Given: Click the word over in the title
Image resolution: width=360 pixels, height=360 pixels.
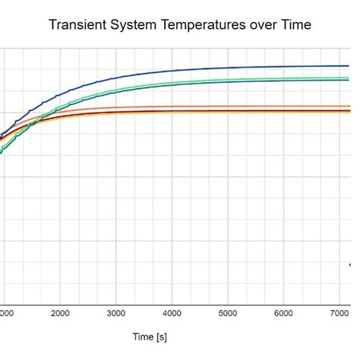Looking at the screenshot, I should point(262,24).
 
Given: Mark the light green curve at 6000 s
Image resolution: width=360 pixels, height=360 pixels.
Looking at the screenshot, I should point(283,78).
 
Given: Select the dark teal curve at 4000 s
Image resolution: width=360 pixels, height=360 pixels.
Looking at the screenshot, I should point(172,86).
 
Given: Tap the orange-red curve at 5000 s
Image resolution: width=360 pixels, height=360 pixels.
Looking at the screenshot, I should point(228,107).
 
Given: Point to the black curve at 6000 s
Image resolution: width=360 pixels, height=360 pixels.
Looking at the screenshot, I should point(283,111).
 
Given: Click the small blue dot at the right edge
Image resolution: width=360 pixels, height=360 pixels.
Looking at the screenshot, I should point(350,264).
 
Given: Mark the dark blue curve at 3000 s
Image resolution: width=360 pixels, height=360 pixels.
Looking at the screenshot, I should point(116,77).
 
